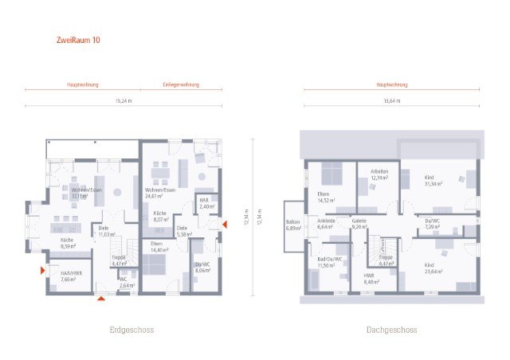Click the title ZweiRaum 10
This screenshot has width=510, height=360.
79,38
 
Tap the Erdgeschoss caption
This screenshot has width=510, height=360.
131,329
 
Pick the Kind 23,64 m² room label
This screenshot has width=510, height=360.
433,268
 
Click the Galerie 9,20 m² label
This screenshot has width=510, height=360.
359,224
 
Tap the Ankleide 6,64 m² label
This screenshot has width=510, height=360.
328,224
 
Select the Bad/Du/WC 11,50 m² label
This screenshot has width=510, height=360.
328,262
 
